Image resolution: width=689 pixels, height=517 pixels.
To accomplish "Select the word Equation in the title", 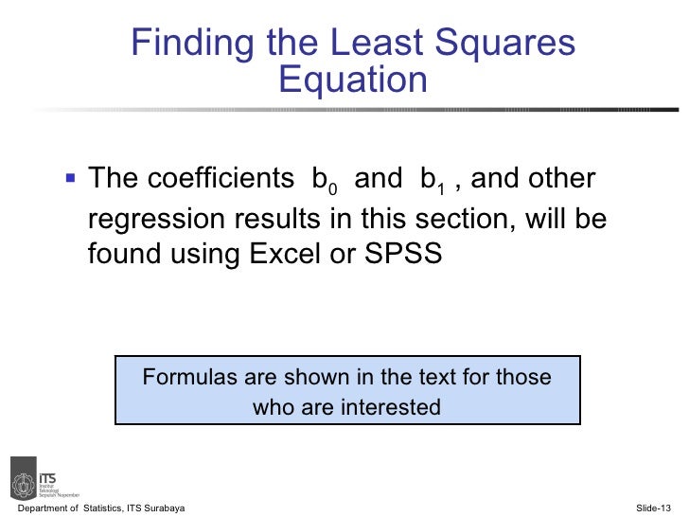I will pos(353,80).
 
